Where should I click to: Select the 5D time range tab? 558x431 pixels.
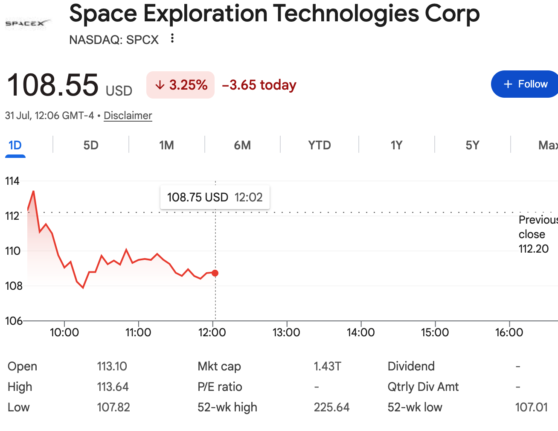click(x=91, y=146)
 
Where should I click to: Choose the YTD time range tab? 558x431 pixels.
click(x=320, y=146)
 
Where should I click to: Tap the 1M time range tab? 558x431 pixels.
click(x=166, y=146)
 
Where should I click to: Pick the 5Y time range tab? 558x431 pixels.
click(x=473, y=146)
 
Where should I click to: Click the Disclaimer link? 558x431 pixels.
click(x=128, y=116)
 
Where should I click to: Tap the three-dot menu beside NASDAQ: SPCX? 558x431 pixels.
click(x=172, y=38)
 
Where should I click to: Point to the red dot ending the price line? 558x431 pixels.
click(x=215, y=273)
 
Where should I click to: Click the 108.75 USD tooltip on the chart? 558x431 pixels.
click(x=215, y=197)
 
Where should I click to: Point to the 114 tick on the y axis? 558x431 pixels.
click(x=12, y=181)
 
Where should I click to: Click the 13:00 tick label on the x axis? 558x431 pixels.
click(x=286, y=332)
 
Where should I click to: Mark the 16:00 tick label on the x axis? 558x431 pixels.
click(x=509, y=332)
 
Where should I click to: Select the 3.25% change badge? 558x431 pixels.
click(x=180, y=85)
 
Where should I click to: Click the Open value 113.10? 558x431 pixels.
click(x=112, y=366)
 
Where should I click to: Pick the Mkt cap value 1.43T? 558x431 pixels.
click(x=327, y=366)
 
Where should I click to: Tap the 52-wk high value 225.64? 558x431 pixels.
click(x=331, y=408)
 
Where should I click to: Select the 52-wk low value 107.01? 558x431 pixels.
click(x=532, y=408)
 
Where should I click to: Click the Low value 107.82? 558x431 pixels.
click(x=113, y=408)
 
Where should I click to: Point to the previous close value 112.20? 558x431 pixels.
click(x=534, y=249)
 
